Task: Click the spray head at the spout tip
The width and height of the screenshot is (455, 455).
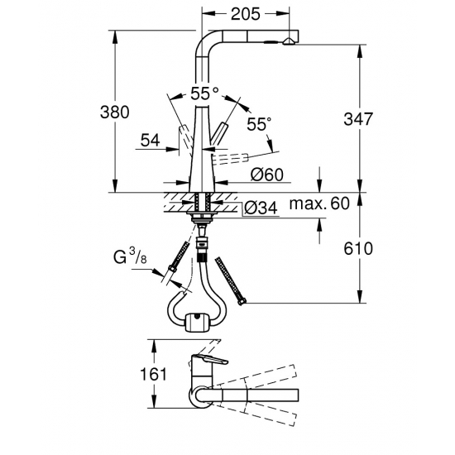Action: pyautogui.click(x=288, y=41)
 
